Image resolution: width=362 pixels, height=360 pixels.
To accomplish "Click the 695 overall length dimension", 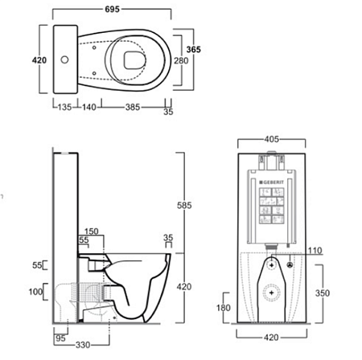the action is (112, 9).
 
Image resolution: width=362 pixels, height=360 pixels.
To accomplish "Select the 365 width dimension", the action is (193, 50).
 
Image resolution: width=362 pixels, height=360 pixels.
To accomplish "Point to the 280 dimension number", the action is (181, 61).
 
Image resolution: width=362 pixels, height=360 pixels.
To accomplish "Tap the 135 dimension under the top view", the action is (64, 107).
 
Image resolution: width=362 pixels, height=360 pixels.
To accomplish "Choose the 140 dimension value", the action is (88, 107).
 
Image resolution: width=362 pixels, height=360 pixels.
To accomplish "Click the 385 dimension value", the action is (133, 107).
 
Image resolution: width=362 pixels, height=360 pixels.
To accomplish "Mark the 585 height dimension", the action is (184, 206).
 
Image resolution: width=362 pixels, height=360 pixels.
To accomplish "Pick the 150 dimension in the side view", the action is (92, 231).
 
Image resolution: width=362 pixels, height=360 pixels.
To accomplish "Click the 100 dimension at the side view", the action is (35, 292).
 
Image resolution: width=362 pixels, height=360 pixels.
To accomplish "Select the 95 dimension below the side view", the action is (60, 338).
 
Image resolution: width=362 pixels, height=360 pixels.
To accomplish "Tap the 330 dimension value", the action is (83, 345).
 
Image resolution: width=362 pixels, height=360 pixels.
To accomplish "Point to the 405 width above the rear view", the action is (272, 139).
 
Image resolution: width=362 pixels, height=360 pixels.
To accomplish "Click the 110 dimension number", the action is (315, 251).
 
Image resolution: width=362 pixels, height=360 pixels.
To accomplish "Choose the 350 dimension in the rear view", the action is (323, 293).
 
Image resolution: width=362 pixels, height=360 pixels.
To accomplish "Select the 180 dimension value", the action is (224, 308).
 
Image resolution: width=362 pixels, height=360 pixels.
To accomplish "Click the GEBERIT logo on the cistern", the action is (271, 182).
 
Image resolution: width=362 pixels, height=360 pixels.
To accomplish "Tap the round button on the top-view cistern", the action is (64, 59).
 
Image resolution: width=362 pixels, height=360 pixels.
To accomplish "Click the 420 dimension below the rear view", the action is (271, 337).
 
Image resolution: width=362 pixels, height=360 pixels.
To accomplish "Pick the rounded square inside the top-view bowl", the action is (134, 60).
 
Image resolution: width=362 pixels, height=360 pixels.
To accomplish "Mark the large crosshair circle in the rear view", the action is (272, 292).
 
